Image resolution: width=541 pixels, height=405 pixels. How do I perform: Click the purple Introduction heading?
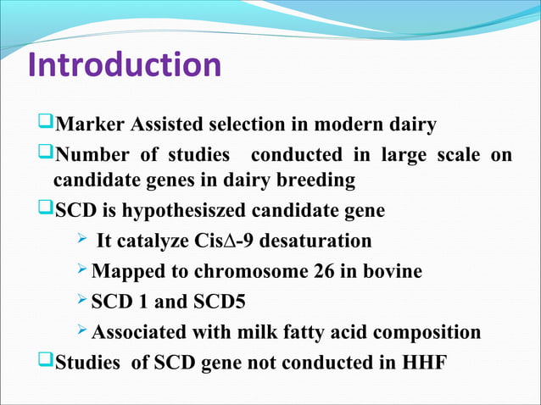click(x=125, y=66)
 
